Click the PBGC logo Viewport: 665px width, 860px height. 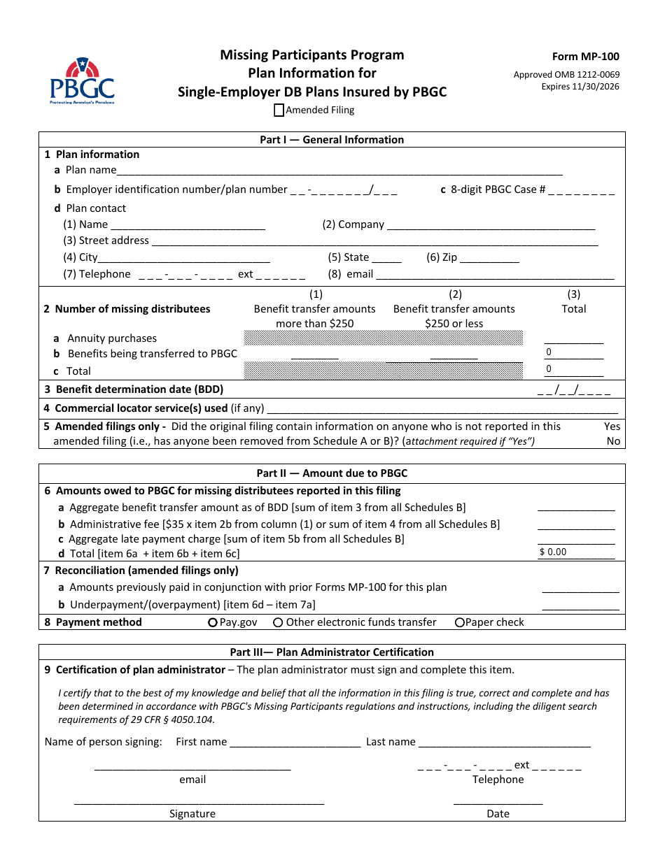82,82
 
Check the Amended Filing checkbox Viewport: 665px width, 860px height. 279,110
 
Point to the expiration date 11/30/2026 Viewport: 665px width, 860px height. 580,87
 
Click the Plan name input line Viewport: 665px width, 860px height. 339,170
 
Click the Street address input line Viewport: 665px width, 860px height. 374,241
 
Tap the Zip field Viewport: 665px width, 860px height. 489,257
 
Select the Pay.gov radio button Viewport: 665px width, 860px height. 213,622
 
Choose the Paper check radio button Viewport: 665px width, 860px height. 460,622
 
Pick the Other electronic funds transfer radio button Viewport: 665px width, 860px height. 278,622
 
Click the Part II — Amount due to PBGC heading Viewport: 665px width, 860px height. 332,473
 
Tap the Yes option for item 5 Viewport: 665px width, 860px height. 612,427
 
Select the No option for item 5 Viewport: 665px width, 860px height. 613,441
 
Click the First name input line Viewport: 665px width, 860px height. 295,743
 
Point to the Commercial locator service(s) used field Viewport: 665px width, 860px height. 442,408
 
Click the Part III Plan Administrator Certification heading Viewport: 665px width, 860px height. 332,652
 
